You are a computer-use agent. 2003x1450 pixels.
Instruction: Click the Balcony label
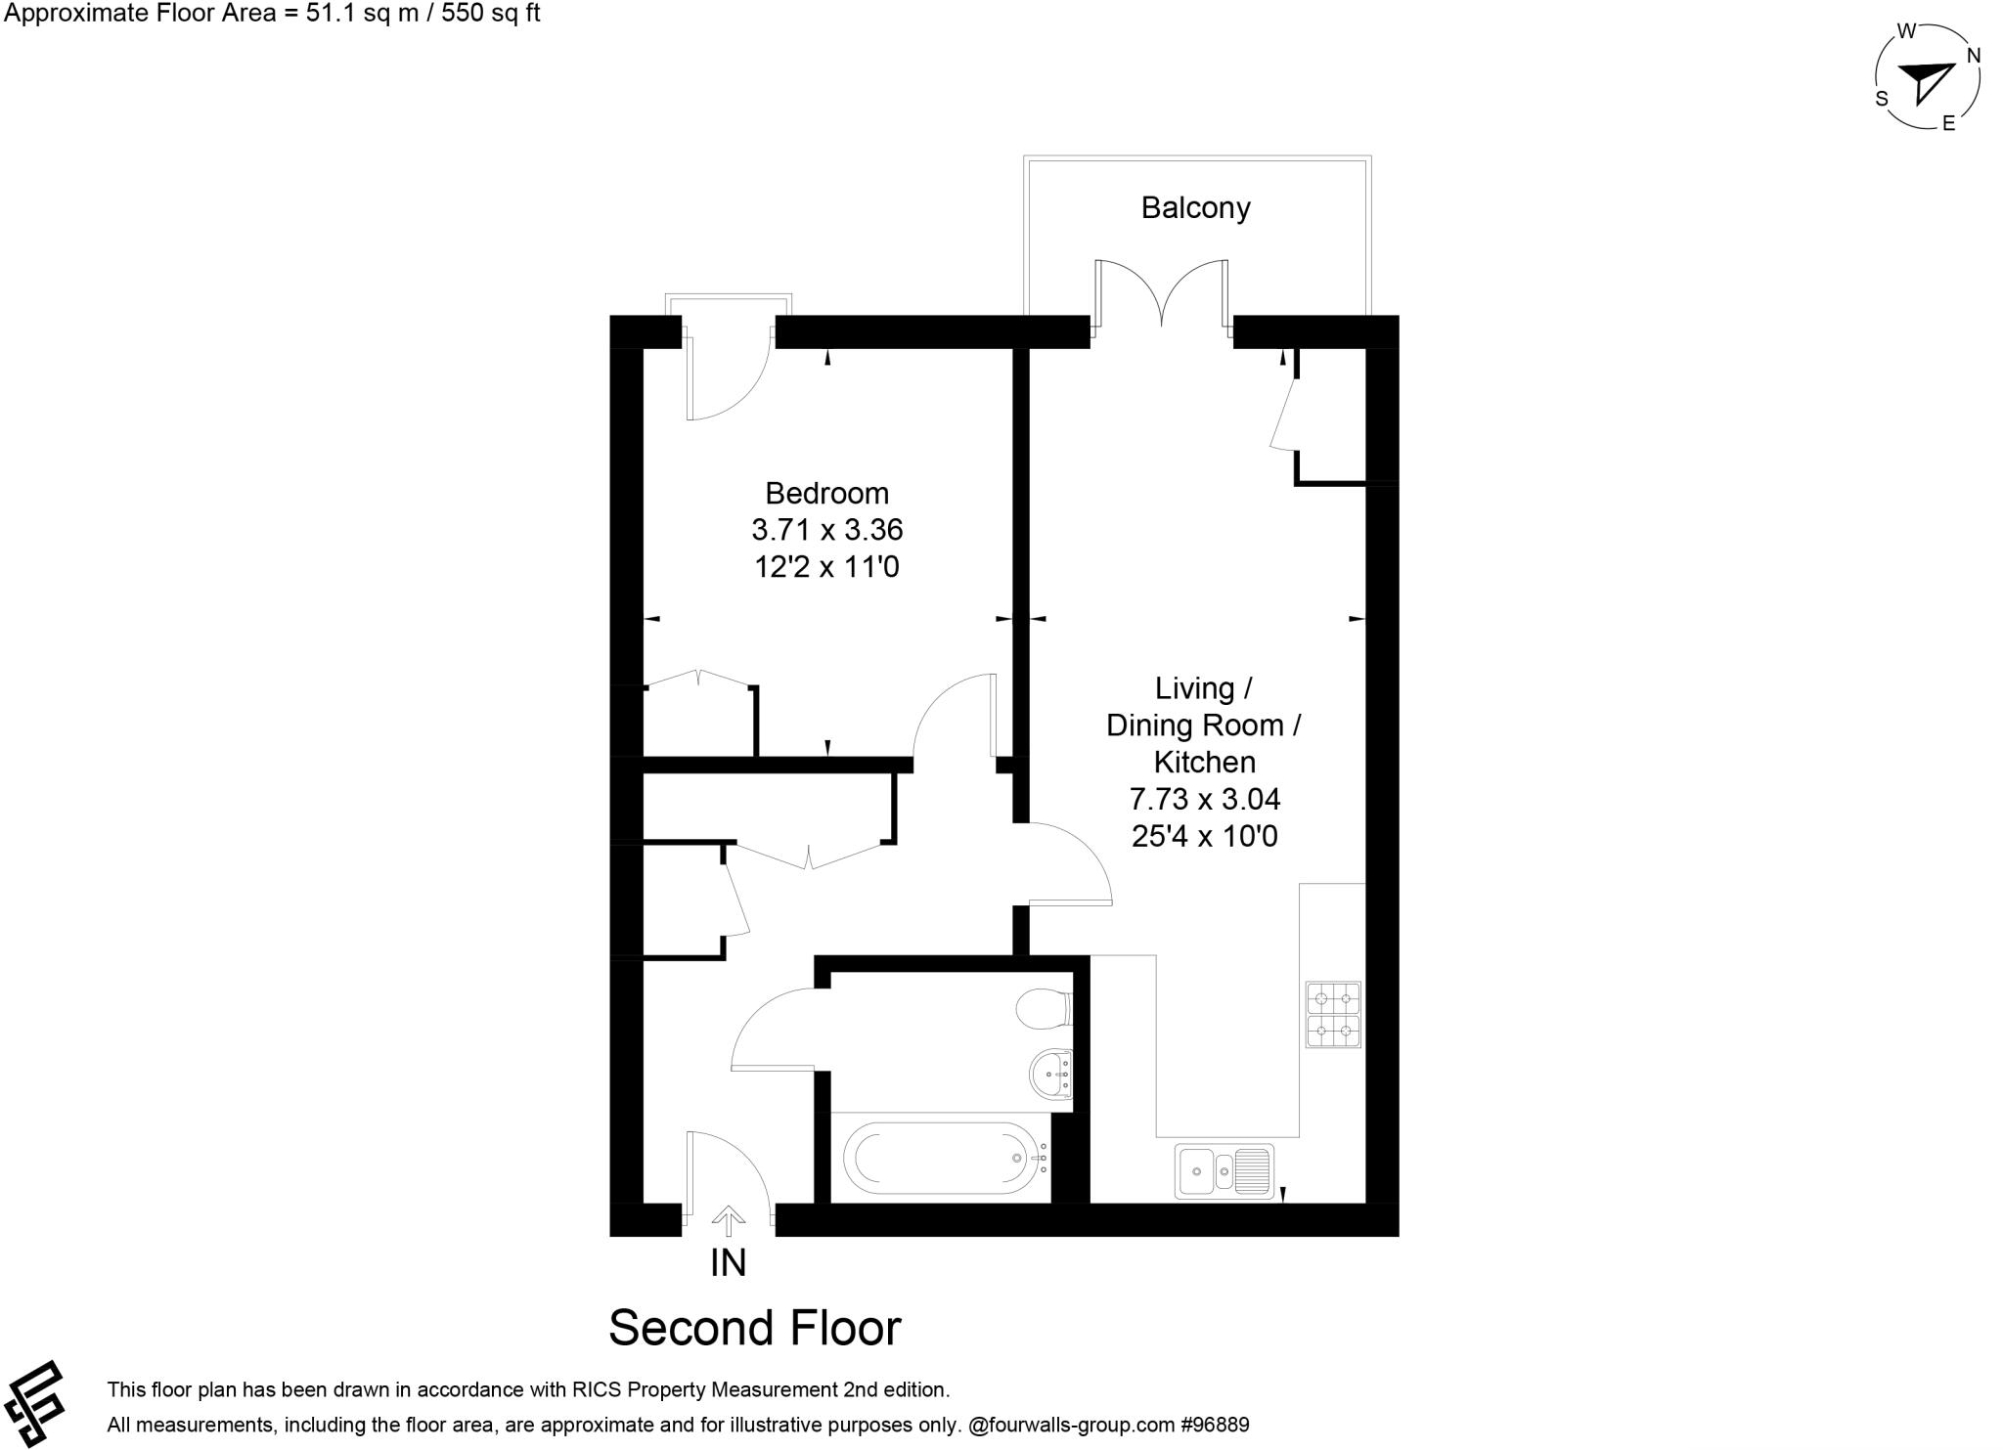(1195, 208)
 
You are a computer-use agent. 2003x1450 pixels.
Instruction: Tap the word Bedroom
(826, 493)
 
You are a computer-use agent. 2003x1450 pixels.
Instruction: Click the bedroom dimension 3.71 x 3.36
(826, 530)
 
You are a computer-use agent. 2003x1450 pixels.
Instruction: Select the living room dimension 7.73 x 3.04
(1204, 800)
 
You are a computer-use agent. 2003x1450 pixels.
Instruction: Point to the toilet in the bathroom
(1044, 1010)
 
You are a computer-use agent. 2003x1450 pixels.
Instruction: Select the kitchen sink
(1224, 1170)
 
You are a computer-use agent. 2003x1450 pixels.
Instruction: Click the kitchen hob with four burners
(1333, 1015)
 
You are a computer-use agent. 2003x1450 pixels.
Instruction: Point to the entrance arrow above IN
(728, 1216)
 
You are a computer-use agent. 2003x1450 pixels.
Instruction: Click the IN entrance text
(728, 1263)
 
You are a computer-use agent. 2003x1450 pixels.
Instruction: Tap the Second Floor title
(754, 1328)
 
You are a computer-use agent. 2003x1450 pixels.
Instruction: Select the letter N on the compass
(1974, 56)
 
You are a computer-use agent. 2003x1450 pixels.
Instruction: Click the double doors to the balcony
(1161, 293)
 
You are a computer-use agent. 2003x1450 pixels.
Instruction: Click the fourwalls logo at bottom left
(34, 1403)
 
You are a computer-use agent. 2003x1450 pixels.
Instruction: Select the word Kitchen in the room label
(1204, 763)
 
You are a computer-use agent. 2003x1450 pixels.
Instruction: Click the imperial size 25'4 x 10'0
(1204, 837)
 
